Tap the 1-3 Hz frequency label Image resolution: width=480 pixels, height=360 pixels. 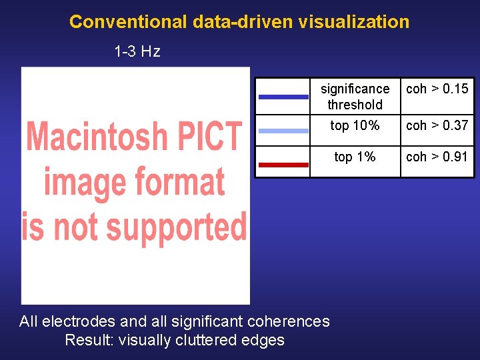137,51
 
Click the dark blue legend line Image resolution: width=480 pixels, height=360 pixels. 283,97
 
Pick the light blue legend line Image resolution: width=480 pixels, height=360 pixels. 283,131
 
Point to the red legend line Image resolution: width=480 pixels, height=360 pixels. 283,164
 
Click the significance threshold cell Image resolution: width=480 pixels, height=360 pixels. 355,97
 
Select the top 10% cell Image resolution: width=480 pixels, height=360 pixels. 355,125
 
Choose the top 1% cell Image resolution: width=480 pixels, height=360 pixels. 355,157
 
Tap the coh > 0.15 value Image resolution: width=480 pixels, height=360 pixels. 437,89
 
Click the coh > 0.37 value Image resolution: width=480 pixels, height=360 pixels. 437,125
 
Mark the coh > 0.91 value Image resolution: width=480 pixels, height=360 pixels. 437,157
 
